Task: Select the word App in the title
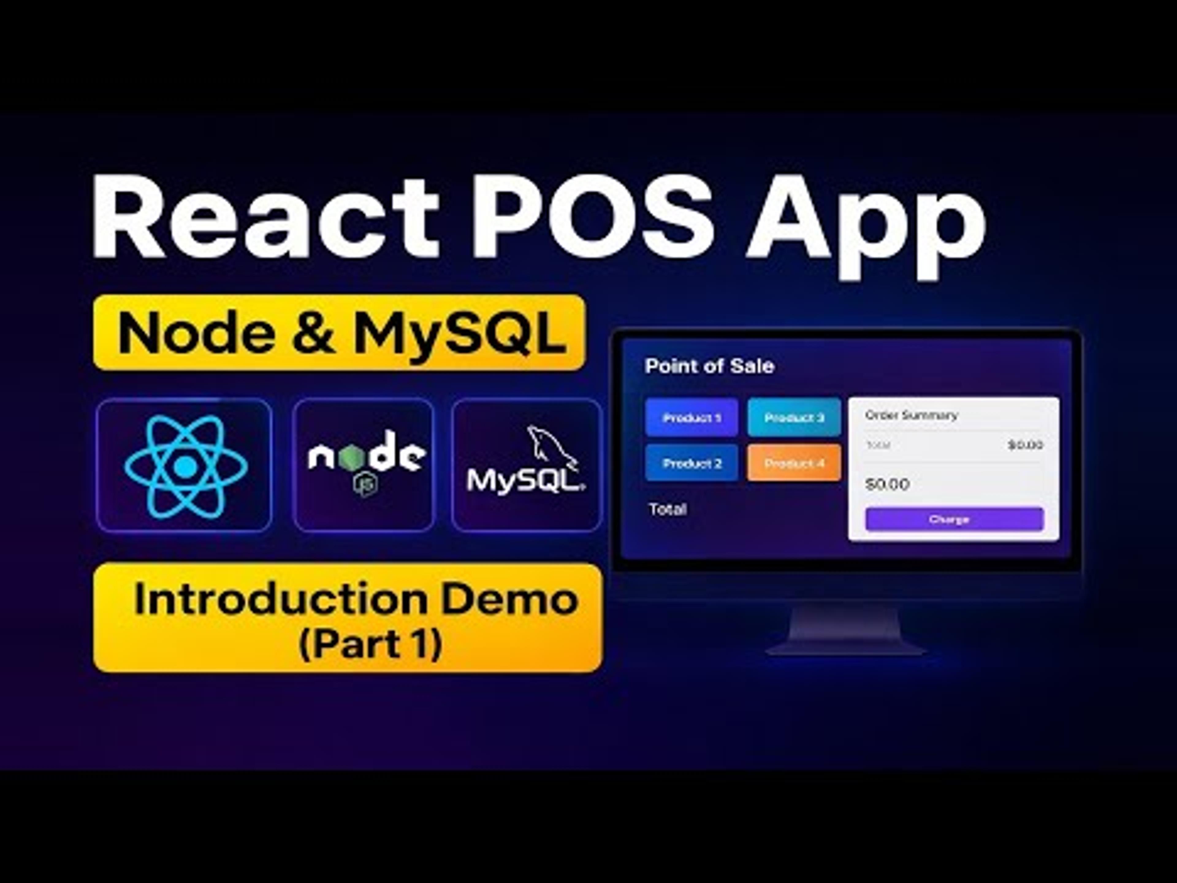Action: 865,224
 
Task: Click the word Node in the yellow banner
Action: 197,334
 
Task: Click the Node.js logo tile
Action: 364,465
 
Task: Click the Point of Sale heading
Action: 709,366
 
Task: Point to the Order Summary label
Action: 911,415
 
